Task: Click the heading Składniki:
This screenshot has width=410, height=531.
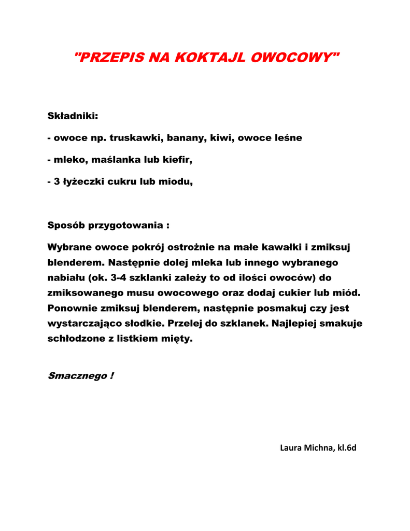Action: tap(73, 116)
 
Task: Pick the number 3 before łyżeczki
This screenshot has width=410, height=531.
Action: tap(58, 182)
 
